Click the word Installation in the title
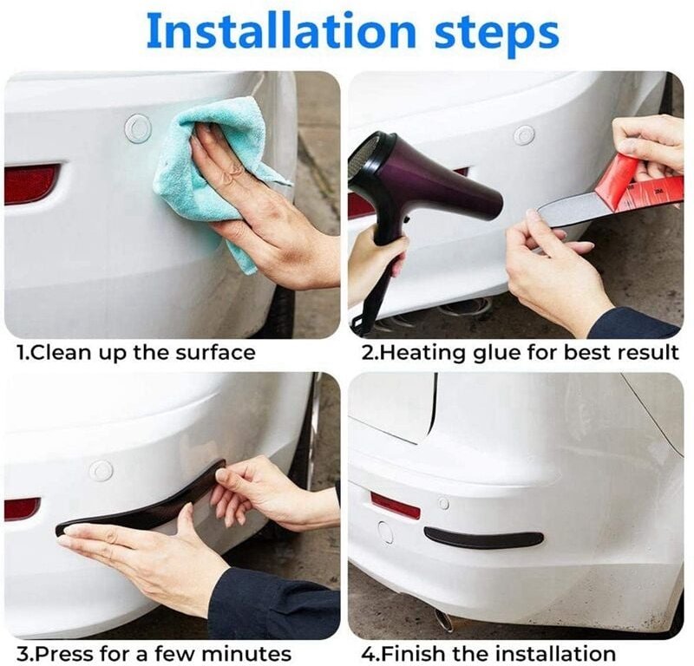pyautogui.click(x=281, y=31)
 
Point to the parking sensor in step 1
pyautogui.click(x=138, y=127)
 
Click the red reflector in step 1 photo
pyautogui.click(x=31, y=184)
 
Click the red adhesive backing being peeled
pyautogui.click(x=638, y=181)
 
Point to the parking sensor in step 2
pyautogui.click(x=524, y=134)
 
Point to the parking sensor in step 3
pyautogui.click(x=101, y=471)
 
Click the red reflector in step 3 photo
pyautogui.click(x=23, y=509)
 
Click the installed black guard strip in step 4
pyautogui.click(x=483, y=537)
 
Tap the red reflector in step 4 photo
pyautogui.click(x=395, y=506)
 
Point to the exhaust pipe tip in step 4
pyautogui.click(x=442, y=618)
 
